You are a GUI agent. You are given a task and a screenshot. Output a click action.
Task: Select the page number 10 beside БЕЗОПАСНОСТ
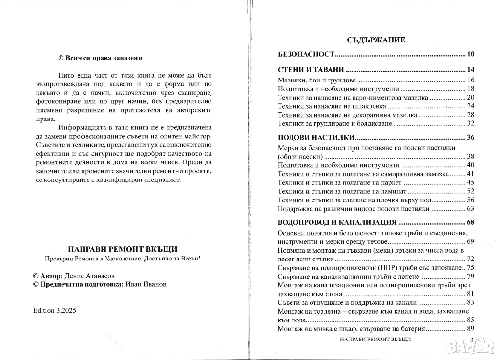coord(470,54)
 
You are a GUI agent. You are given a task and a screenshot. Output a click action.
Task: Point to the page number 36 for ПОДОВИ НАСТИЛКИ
coord(470,137)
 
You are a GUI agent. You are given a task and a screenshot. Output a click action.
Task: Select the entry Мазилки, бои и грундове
coord(315,80)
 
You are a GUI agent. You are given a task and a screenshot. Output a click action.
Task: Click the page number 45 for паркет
coord(471,182)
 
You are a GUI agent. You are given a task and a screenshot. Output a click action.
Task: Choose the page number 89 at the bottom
coord(471,329)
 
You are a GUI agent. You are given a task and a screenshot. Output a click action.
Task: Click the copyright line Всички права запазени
coord(100,58)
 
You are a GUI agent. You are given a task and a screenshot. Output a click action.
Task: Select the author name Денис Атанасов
coord(92,276)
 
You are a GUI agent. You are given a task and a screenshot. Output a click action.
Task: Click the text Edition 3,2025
coord(55,310)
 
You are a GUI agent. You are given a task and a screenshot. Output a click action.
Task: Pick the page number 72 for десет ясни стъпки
coord(471,259)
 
